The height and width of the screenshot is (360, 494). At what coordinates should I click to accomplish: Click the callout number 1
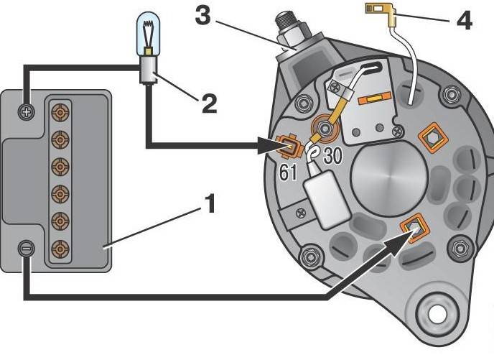[210, 203]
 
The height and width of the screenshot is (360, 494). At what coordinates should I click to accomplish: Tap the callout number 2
[209, 103]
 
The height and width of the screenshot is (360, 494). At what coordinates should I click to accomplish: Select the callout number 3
[202, 15]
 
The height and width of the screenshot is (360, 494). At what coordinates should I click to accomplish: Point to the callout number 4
[464, 21]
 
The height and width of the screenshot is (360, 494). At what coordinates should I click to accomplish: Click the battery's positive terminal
[27, 112]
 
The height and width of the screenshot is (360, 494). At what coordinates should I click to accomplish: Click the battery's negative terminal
[27, 249]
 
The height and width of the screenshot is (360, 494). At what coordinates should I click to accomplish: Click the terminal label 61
[288, 172]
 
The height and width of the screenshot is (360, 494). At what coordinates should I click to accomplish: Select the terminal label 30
[332, 155]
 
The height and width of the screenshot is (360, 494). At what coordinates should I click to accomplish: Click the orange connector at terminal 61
[288, 146]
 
